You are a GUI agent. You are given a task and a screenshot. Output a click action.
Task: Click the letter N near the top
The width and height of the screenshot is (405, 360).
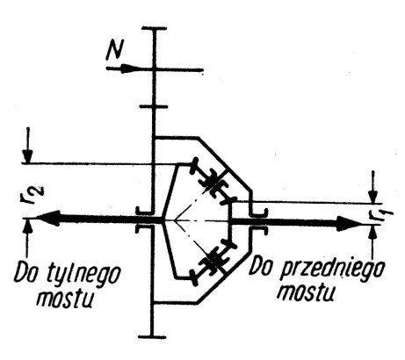tap(115, 50)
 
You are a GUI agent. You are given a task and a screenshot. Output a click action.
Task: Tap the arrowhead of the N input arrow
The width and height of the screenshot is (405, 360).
tap(129, 69)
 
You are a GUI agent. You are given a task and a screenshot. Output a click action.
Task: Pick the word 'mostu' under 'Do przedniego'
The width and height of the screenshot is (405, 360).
tap(307, 292)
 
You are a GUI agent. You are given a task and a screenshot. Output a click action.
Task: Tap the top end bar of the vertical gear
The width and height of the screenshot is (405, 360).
tap(154, 28)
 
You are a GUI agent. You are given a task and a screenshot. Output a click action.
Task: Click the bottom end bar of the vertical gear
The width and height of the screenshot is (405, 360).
tap(152, 337)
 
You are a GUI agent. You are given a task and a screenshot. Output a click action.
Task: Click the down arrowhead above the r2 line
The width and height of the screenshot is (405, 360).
tap(28, 155)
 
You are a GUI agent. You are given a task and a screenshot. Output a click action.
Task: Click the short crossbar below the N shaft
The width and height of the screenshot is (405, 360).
tap(154, 107)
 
